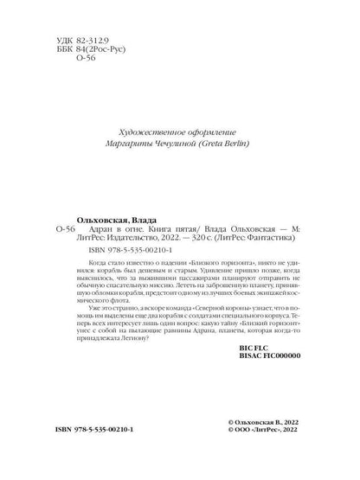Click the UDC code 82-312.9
point(80,42)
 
